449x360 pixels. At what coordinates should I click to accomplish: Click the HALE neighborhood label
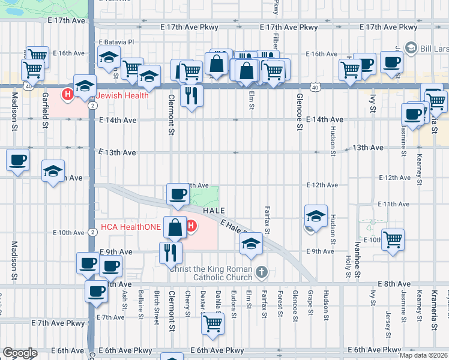[214, 211]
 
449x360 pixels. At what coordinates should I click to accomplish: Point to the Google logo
[20, 353]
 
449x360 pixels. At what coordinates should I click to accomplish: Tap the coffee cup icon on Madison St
[18, 160]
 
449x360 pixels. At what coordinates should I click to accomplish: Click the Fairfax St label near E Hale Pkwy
[267, 220]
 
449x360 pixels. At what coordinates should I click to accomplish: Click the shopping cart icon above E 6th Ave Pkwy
[213, 324]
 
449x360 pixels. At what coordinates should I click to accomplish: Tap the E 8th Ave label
[394, 284]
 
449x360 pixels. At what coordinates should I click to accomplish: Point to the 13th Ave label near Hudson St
[368, 148]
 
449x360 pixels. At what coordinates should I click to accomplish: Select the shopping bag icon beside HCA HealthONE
[175, 227]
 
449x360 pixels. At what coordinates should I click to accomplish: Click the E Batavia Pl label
[117, 42]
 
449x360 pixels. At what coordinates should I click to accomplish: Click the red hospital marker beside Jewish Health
[68, 94]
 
